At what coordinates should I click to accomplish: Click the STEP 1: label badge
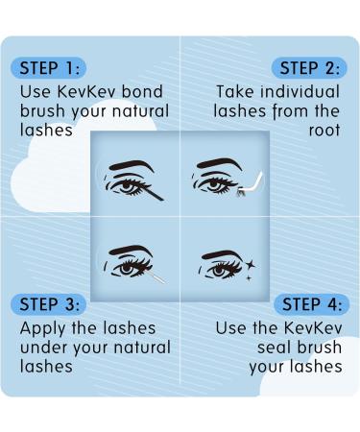click(x=49, y=68)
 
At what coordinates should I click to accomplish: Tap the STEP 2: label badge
click(x=309, y=68)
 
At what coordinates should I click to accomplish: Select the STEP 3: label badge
click(x=49, y=304)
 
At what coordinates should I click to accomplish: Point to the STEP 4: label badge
click(x=312, y=304)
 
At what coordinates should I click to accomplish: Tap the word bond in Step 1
click(x=143, y=92)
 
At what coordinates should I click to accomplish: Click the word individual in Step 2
click(x=300, y=91)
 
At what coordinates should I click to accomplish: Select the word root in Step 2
click(x=324, y=131)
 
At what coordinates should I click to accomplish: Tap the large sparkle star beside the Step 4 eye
click(x=251, y=264)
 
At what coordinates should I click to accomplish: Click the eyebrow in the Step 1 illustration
click(x=132, y=165)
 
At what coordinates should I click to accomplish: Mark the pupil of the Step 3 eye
click(x=127, y=268)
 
